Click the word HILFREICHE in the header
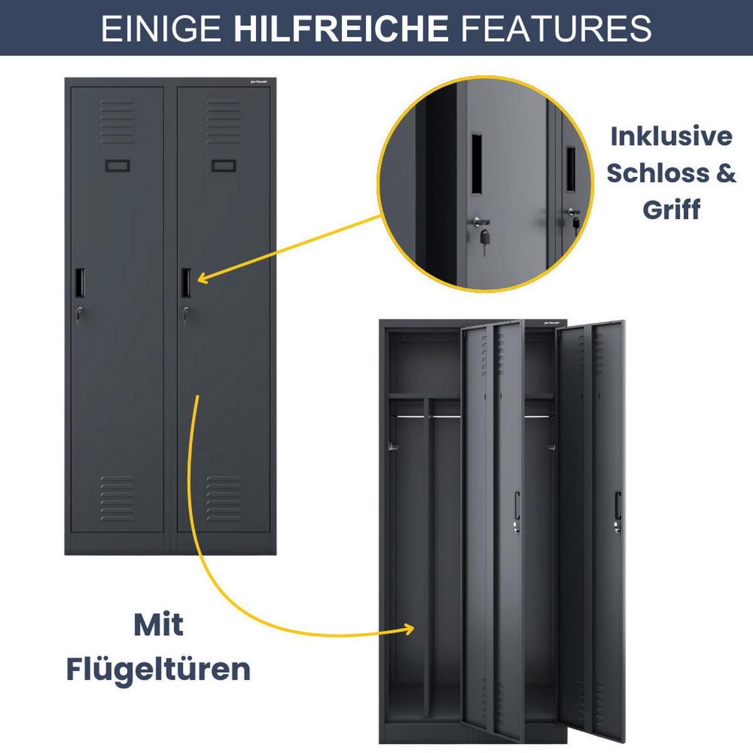341,28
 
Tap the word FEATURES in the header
557,28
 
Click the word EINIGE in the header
161,28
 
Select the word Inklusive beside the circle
671,136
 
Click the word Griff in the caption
671,209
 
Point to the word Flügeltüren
158,669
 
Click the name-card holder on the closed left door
117,166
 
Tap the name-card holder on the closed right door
223,166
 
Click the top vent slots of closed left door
117,121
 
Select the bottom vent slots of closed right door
223,498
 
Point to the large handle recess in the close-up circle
477,163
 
